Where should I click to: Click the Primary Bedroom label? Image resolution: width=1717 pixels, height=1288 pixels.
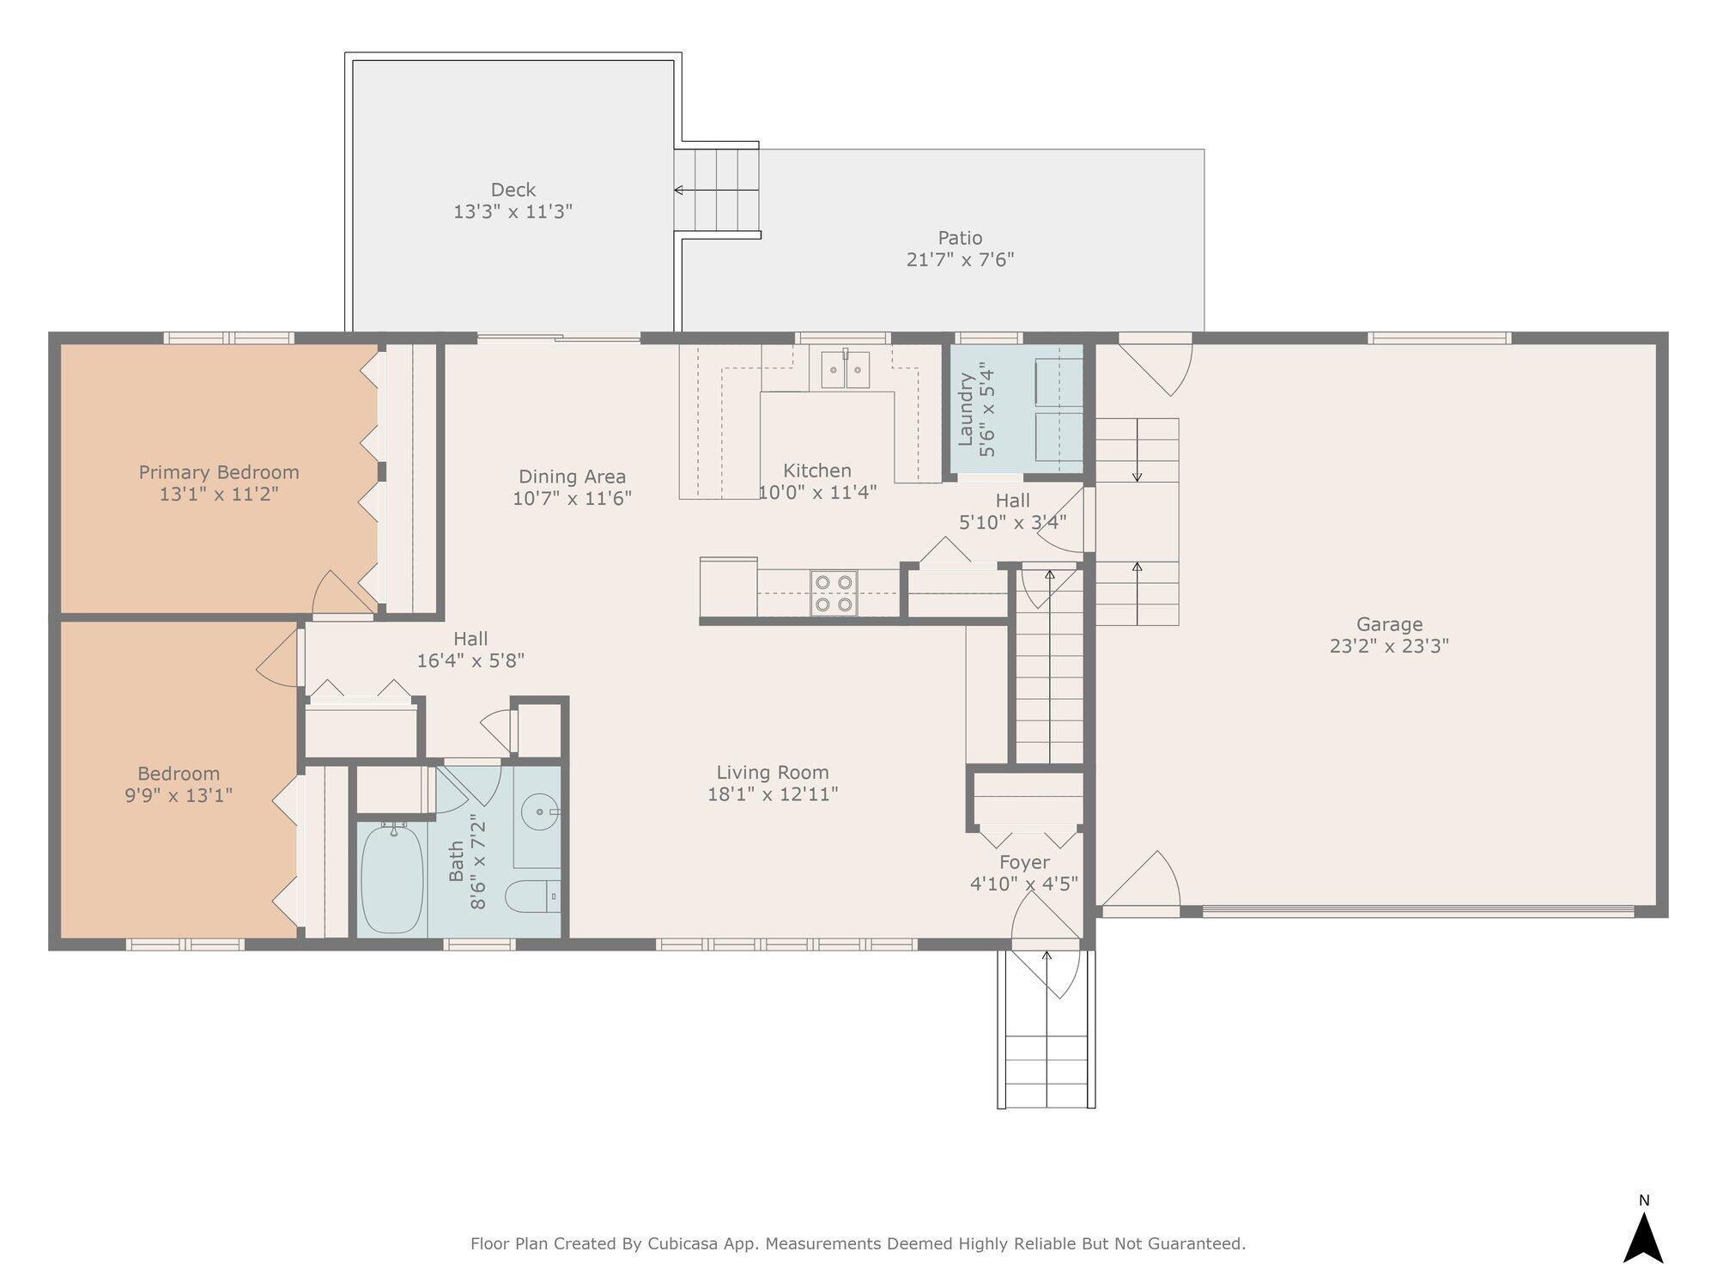[219, 472]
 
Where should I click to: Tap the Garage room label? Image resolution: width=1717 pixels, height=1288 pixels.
[1389, 625]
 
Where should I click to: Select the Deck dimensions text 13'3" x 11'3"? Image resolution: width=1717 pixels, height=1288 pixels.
[513, 211]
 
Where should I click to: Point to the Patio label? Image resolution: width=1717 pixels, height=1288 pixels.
[960, 238]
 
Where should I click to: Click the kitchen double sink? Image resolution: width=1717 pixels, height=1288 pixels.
[846, 369]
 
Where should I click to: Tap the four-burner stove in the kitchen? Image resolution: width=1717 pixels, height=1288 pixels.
[834, 593]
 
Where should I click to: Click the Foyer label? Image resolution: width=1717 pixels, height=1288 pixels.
[1024, 862]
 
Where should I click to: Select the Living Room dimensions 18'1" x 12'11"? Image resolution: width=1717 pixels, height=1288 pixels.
[773, 794]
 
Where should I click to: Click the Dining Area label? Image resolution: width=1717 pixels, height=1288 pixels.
[572, 477]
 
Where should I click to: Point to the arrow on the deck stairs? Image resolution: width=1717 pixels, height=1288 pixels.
[716, 190]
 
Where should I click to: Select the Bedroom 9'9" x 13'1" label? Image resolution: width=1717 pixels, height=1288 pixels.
[179, 784]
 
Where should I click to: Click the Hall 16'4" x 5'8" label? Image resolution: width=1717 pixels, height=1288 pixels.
[470, 649]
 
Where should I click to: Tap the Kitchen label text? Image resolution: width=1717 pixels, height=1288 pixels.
[817, 471]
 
